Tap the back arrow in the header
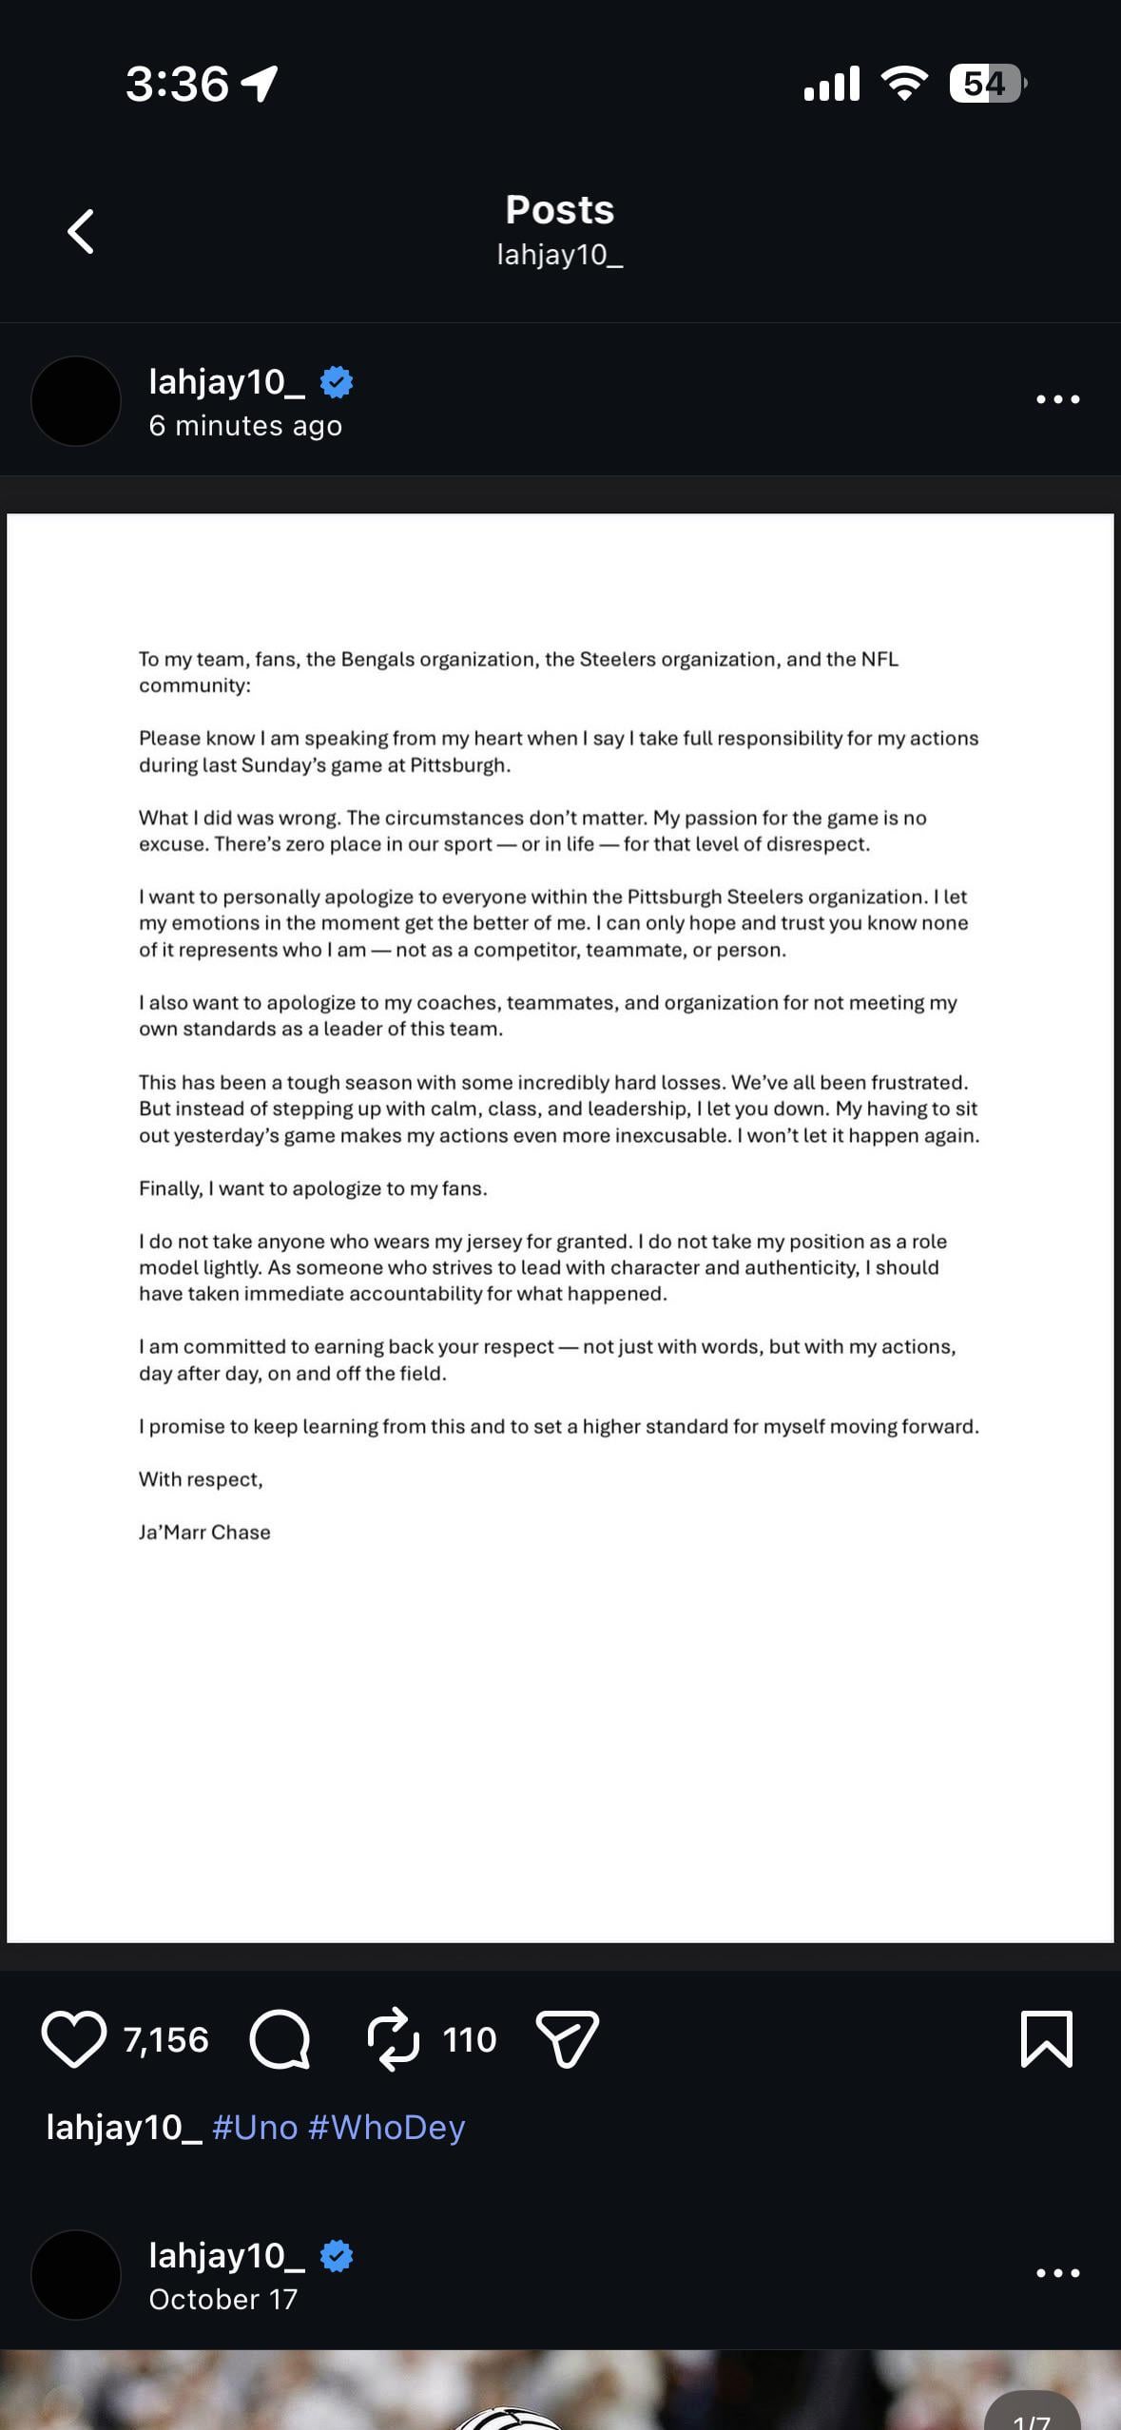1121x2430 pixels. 81,231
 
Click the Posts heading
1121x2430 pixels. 560,210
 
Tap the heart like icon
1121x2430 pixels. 73,2039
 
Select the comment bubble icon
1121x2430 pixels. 280,2039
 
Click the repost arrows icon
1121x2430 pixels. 393,2039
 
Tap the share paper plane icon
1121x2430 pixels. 568,2039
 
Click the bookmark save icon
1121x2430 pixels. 1046,2039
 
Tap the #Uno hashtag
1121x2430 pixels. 255,2127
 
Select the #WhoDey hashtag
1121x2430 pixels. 386,2127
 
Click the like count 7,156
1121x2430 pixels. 165,2039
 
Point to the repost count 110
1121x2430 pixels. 470,2039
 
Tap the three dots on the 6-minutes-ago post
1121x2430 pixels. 1057,399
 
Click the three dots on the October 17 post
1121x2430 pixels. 1057,2273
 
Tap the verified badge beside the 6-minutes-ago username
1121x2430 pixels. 337,382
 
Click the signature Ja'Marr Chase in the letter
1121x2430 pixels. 204,1532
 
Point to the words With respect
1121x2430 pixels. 201,1478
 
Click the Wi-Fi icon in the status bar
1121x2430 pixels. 905,84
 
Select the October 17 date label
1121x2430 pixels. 223,2299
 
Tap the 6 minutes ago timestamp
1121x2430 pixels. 245,426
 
